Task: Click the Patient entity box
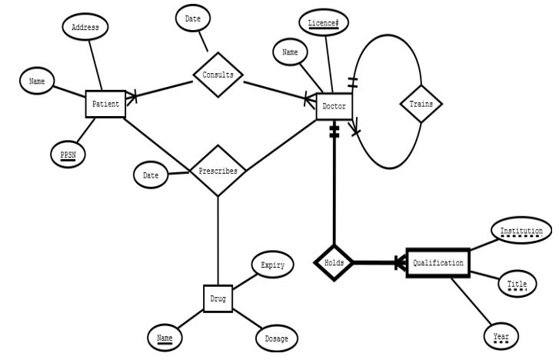pyautogui.click(x=105, y=104)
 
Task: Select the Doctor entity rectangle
pyautogui.click(x=334, y=105)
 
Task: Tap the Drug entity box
pyautogui.click(x=218, y=298)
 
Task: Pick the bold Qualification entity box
pyautogui.click(x=438, y=263)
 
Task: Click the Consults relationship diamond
pyautogui.click(x=218, y=75)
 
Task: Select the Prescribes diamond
pyautogui.click(x=218, y=171)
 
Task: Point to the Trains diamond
pyautogui.click(x=421, y=104)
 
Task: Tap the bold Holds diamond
pyautogui.click(x=334, y=263)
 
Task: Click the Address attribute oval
pyautogui.click(x=85, y=27)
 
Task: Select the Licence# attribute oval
pyautogui.click(x=323, y=24)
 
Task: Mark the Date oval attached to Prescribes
pyautogui.click(x=151, y=175)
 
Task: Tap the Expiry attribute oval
pyautogui.click(x=272, y=265)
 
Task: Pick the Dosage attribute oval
pyautogui.click(x=276, y=338)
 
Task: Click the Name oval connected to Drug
pyautogui.click(x=165, y=338)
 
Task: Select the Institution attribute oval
pyautogui.click(x=521, y=232)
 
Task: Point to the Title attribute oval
pyautogui.click(x=517, y=284)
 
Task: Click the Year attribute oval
pyautogui.click(x=501, y=336)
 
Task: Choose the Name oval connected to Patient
pyautogui.click(x=37, y=81)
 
